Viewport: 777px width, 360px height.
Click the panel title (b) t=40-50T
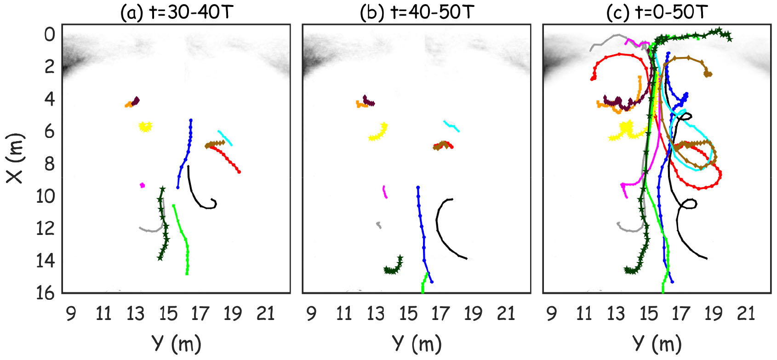pyautogui.click(x=417, y=12)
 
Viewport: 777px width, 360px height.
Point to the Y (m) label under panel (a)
pyautogui.click(x=177, y=343)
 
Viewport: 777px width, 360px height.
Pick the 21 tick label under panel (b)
pyautogui.click(x=506, y=314)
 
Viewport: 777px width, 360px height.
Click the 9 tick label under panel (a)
pyautogui.click(x=71, y=314)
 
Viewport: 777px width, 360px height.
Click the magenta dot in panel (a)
pyautogui.click(x=143, y=185)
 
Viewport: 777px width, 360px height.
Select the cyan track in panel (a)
pyautogui.click(x=225, y=137)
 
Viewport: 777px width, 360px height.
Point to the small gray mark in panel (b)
pyautogui.click(x=378, y=225)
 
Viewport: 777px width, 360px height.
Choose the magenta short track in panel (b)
pyautogui.click(x=385, y=191)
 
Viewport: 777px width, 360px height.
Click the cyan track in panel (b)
pyautogui.click(x=451, y=126)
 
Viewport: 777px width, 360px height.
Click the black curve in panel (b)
pyautogui.click(x=440, y=230)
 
